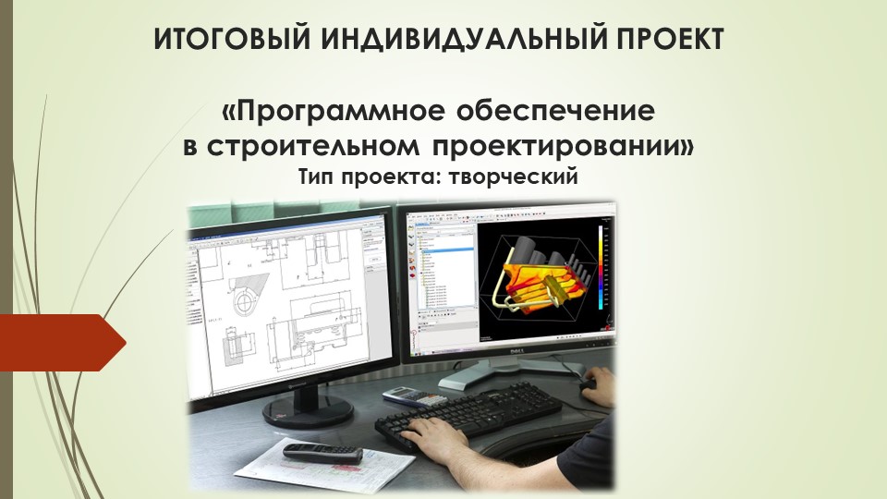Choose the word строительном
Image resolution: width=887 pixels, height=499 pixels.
pyautogui.click(x=317, y=147)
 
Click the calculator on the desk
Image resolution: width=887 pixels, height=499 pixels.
pyautogui.click(x=406, y=396)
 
